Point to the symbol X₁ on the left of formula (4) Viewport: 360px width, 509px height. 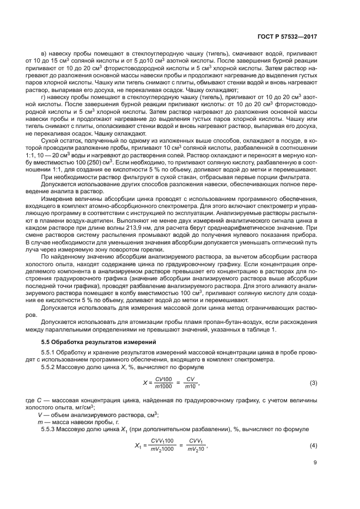coord(137,445)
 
